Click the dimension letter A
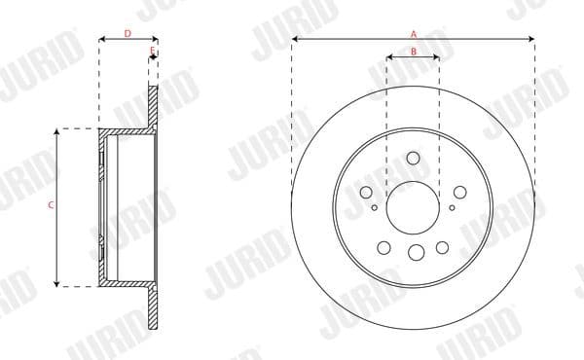(413, 32)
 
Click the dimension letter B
(413, 51)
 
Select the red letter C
(50, 206)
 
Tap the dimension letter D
(128, 33)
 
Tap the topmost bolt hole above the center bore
(413, 159)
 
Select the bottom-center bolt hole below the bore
(417, 253)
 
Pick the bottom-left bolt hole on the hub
(383, 246)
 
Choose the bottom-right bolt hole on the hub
(443, 247)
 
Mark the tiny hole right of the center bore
(452, 206)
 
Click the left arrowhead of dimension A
(294, 40)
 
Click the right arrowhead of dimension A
(532, 40)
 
